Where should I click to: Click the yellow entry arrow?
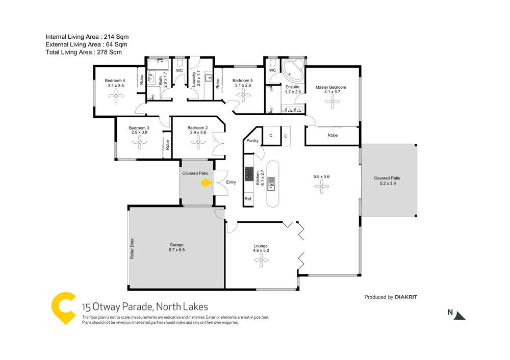point(206,183)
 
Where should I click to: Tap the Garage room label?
point(176,245)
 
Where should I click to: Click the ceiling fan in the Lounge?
point(261,261)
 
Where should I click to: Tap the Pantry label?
point(252,141)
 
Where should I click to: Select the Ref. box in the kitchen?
point(248,198)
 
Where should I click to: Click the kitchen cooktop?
point(249,174)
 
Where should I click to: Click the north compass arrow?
point(460,315)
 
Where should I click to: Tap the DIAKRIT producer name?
point(410,297)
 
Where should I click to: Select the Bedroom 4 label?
point(114,81)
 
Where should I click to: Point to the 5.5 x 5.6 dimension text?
point(321,176)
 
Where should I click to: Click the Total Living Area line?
point(84,52)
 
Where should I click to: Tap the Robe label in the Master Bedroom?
point(333,135)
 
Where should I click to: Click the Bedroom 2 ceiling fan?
point(197,144)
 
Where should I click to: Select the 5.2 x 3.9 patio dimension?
point(387,183)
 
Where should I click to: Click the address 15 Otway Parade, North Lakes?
point(145,307)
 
